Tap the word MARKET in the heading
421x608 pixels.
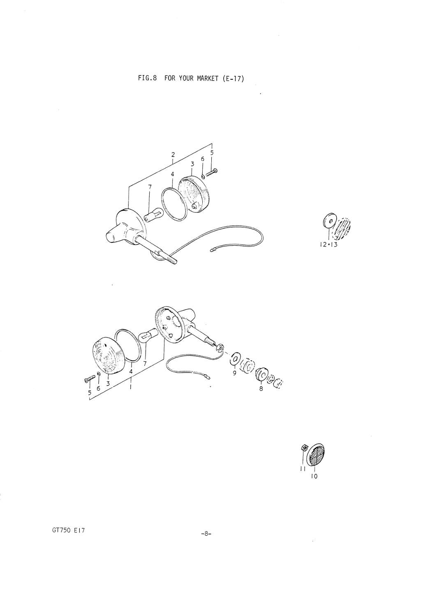click(208, 78)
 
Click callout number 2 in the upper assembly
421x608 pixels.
click(173, 155)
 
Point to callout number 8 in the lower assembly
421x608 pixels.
click(261, 388)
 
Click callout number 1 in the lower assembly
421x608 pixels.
click(131, 387)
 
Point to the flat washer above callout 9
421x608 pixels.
click(234, 359)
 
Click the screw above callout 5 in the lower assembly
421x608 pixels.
click(89, 378)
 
